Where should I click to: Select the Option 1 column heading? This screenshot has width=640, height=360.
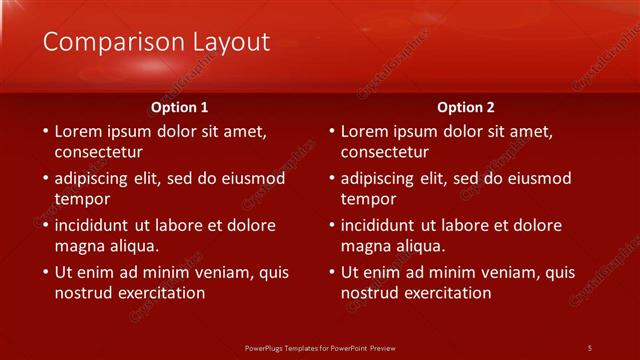point(180,107)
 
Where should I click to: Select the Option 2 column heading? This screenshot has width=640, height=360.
point(466,107)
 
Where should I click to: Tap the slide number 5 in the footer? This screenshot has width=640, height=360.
point(589,347)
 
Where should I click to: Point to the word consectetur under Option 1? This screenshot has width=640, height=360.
point(98,152)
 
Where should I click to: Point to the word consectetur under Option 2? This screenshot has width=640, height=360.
point(384,152)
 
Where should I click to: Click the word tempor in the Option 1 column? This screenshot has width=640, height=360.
point(82,199)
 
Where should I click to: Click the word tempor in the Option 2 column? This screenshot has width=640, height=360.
point(368,199)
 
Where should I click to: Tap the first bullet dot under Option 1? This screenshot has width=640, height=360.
point(44,131)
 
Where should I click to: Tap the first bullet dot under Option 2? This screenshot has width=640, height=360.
point(331,131)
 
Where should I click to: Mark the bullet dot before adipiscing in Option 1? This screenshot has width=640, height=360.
point(44,178)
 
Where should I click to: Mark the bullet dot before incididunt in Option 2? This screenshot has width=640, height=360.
point(331,225)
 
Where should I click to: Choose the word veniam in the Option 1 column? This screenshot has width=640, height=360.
point(225,272)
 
